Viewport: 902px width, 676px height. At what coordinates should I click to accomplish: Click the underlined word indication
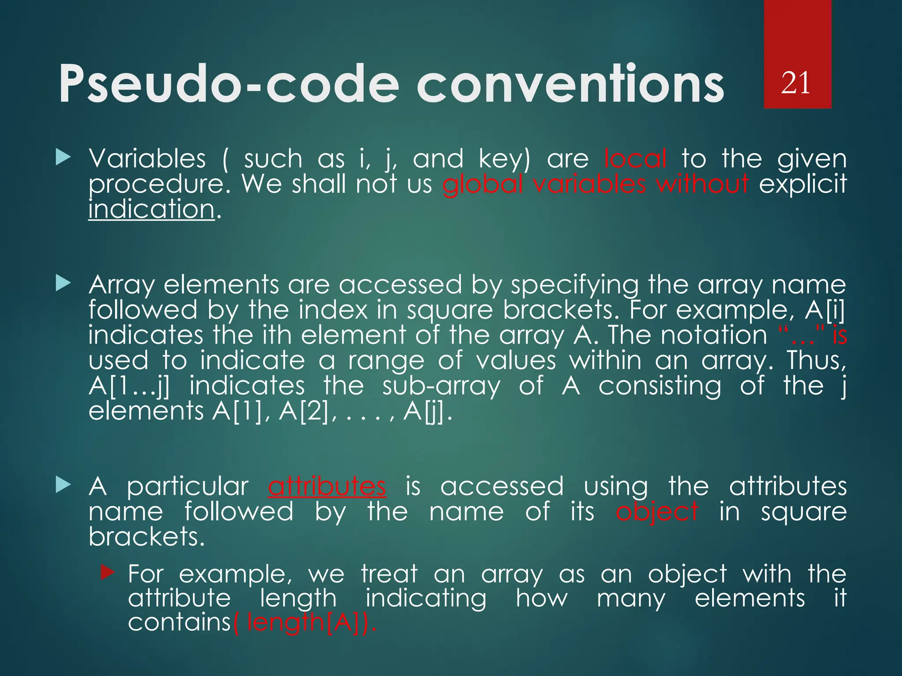click(x=152, y=209)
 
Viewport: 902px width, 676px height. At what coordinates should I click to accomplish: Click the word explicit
click(x=802, y=184)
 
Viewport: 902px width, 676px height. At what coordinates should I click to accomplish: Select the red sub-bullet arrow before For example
click(x=107, y=573)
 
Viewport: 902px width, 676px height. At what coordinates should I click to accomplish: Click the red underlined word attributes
click(x=327, y=487)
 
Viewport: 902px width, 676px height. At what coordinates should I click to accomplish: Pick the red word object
click(x=657, y=512)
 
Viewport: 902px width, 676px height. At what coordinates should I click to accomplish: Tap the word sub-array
click(x=441, y=386)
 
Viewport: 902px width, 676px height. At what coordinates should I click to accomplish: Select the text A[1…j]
click(x=129, y=386)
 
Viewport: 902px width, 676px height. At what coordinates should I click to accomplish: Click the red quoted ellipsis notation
click(x=799, y=336)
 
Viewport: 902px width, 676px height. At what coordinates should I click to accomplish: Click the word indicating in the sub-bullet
click(x=426, y=599)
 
